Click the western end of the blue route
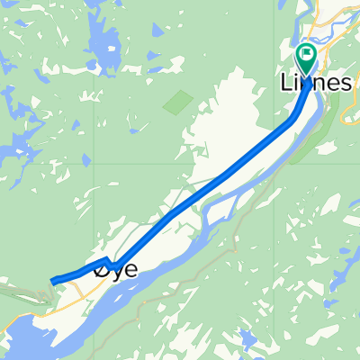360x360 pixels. pos(53,281)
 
